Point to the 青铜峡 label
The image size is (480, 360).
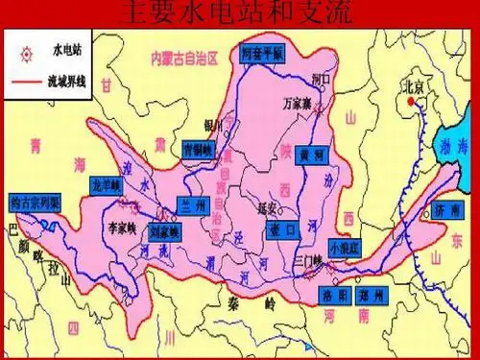199,150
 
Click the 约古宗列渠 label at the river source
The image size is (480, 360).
35,204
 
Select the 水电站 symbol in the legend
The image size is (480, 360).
26,47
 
